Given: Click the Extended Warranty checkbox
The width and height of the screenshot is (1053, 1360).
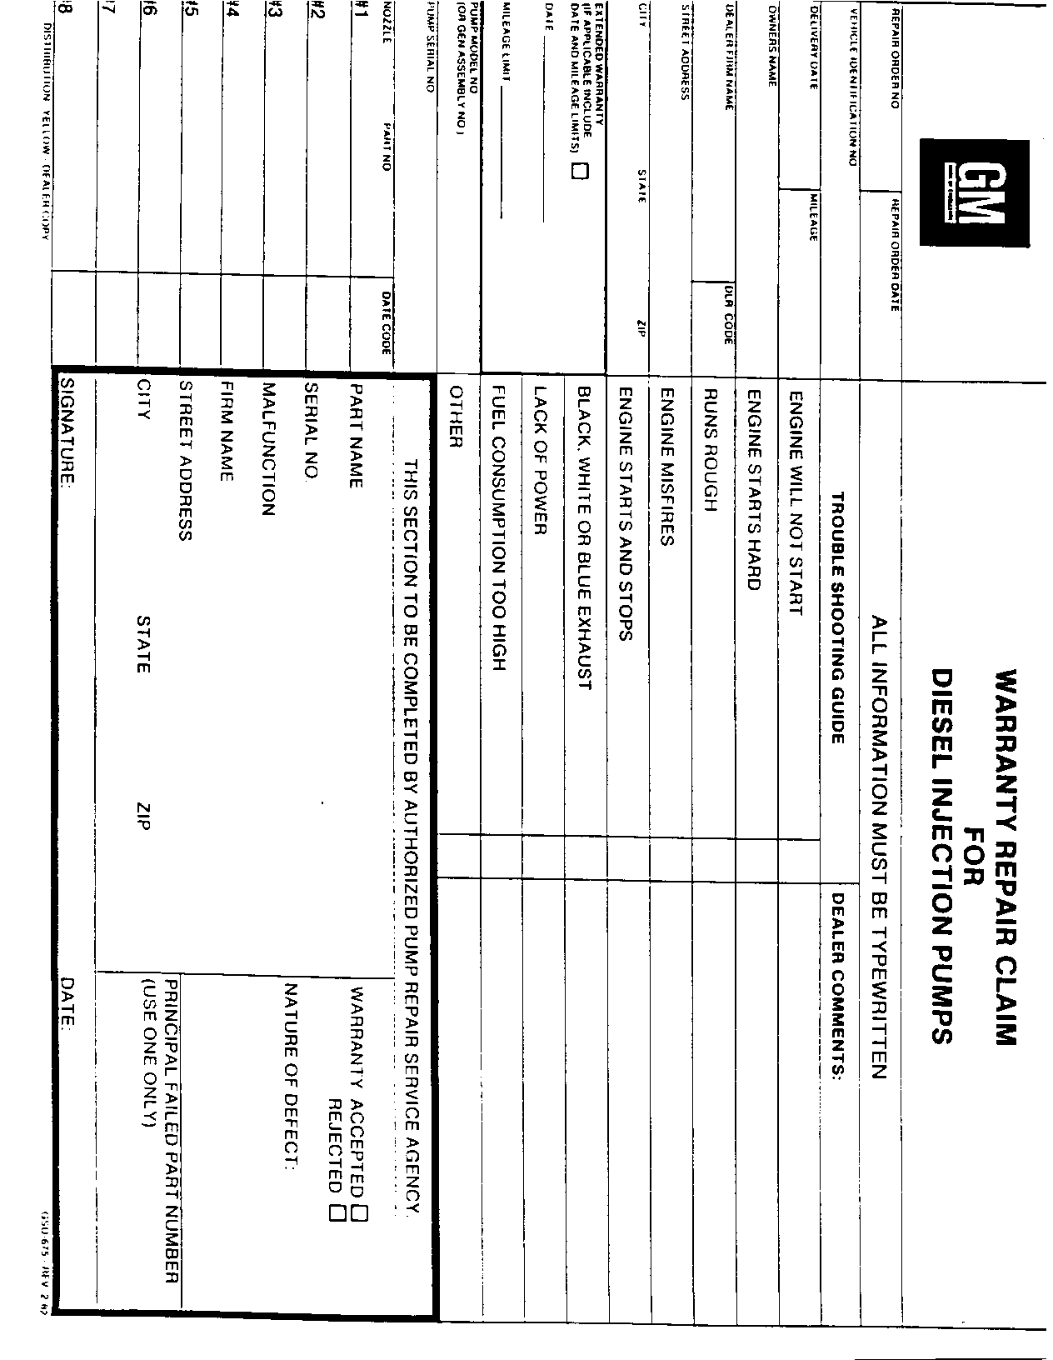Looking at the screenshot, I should coord(578,172).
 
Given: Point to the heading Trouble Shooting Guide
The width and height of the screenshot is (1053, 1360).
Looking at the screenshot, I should coord(838,617).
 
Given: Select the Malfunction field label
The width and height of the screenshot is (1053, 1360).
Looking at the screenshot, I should coord(267,449).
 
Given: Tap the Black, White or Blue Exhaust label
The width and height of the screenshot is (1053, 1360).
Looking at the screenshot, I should coord(583,537).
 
